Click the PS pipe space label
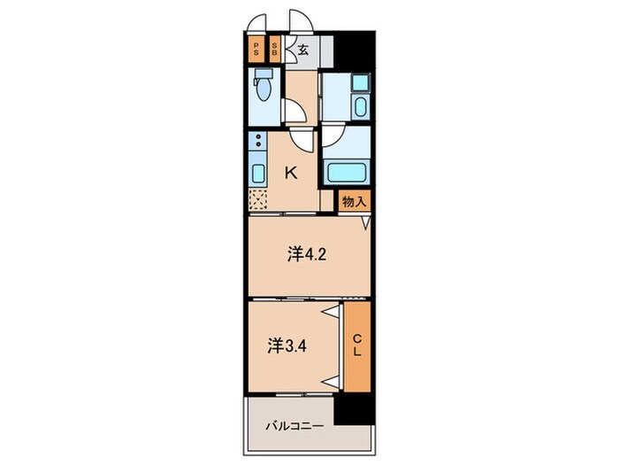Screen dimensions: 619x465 (x=256, y=49)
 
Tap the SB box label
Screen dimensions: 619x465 (x=274, y=49)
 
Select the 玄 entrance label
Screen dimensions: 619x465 (x=303, y=50)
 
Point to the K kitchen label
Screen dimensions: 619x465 (x=291, y=173)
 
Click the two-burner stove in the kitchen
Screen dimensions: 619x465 (x=258, y=141)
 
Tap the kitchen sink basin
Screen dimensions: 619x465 (x=258, y=174)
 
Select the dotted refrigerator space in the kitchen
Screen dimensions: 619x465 (x=258, y=199)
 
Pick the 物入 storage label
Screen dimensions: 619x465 (x=355, y=202)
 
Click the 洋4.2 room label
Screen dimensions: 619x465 (x=307, y=255)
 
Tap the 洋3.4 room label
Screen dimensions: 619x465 (x=287, y=346)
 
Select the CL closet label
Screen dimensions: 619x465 (x=357, y=345)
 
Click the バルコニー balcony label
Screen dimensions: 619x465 (x=294, y=426)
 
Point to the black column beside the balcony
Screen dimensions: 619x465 (x=354, y=410)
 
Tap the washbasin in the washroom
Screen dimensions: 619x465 (x=360, y=83)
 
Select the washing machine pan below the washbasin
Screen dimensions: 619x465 (x=361, y=106)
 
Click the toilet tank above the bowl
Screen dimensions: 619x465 (x=264, y=74)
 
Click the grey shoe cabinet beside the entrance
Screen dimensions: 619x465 (x=327, y=51)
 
